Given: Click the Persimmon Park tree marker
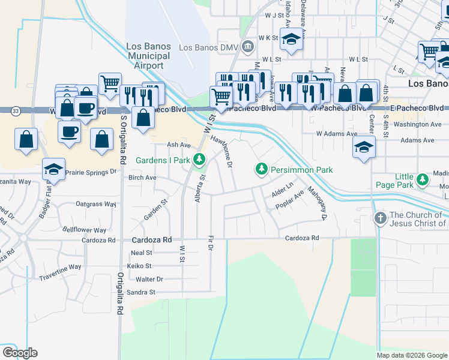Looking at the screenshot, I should click(x=261, y=170).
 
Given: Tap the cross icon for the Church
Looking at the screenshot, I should click(x=380, y=219).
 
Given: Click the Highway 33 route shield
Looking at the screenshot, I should click(x=16, y=111).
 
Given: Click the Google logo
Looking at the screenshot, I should click(x=20, y=353).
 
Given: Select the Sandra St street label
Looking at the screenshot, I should click(x=140, y=292).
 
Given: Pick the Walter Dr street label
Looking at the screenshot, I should click(x=149, y=279).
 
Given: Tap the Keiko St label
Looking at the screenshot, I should click(x=139, y=266).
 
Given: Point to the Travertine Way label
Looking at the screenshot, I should click(x=60, y=267).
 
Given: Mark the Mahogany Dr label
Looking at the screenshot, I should click(x=316, y=204).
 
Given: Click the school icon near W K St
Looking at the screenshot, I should click(x=292, y=41).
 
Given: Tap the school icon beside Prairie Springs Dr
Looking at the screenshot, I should click(x=53, y=170).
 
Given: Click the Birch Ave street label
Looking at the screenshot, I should click(x=142, y=178).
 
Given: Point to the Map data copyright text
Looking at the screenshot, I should click(x=411, y=355).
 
